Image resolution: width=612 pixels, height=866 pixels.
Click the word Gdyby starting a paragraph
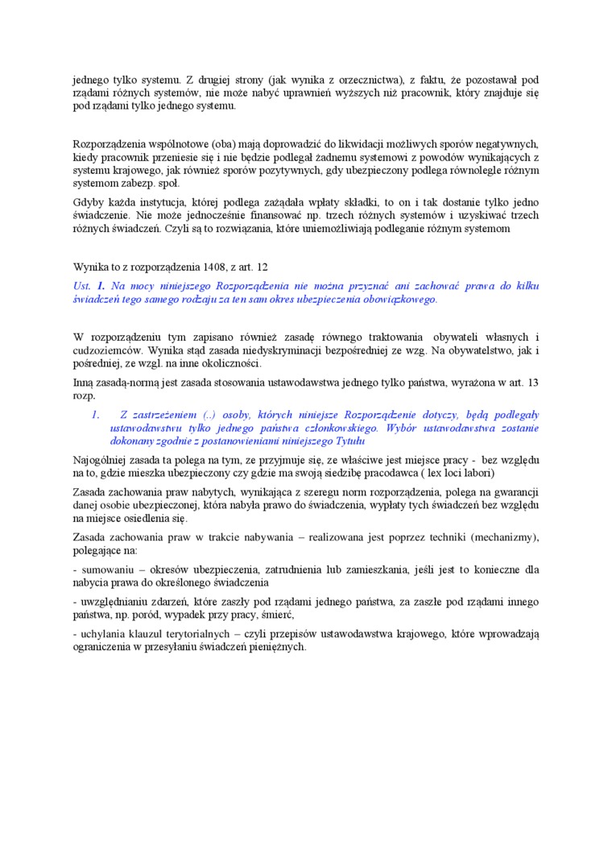pyautogui.click(x=89, y=202)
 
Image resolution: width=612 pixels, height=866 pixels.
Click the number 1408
pyautogui.click(x=197, y=265)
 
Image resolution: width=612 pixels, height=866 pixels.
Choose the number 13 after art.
pyautogui.click(x=532, y=381)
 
